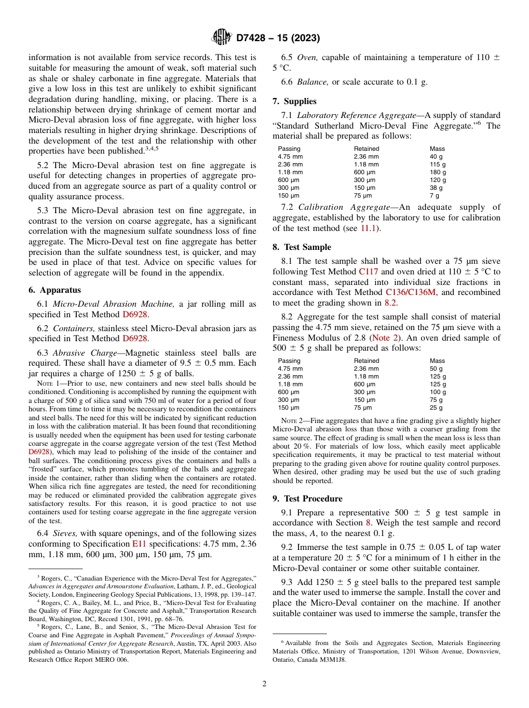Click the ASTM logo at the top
coord(222,38)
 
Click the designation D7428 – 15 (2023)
coord(278,38)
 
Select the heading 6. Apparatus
coord(55,290)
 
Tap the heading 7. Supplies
coord(294,101)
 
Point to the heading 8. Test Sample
coord(301,247)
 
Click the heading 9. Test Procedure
coord(307,498)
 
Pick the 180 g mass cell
coord(438,173)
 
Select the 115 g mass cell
coord(438,165)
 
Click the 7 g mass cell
coord(434,196)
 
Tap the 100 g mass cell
coord(438,392)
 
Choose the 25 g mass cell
coord(436,407)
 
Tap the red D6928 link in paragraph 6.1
coord(134,314)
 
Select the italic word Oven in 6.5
coord(307,57)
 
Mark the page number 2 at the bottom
coord(264,684)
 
